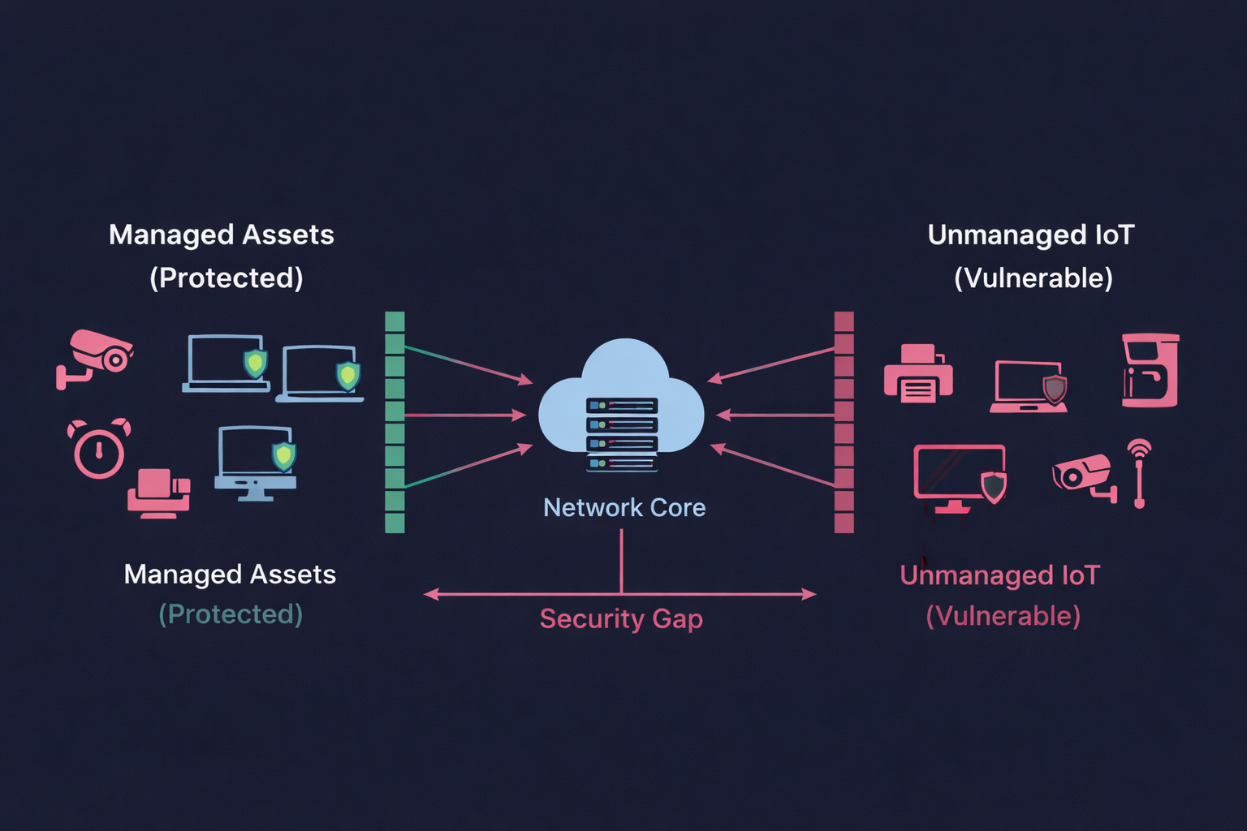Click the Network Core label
tap(623, 508)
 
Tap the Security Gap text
tap(621, 619)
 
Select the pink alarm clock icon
tap(98, 449)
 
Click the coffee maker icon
tap(1150, 370)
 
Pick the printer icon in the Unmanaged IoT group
tap(918, 375)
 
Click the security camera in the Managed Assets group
tap(95, 358)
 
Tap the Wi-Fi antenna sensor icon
tap(1139, 472)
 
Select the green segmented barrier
tap(395, 422)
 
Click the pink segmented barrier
tap(844, 422)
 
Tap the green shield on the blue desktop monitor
tap(283, 455)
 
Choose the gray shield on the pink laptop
tap(1054, 389)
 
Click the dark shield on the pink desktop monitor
tap(994, 486)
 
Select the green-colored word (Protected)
tap(231, 614)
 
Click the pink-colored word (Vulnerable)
tap(1003, 616)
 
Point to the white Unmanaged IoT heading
tap(1030, 235)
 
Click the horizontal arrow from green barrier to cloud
tap(463, 415)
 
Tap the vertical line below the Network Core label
tap(622, 560)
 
